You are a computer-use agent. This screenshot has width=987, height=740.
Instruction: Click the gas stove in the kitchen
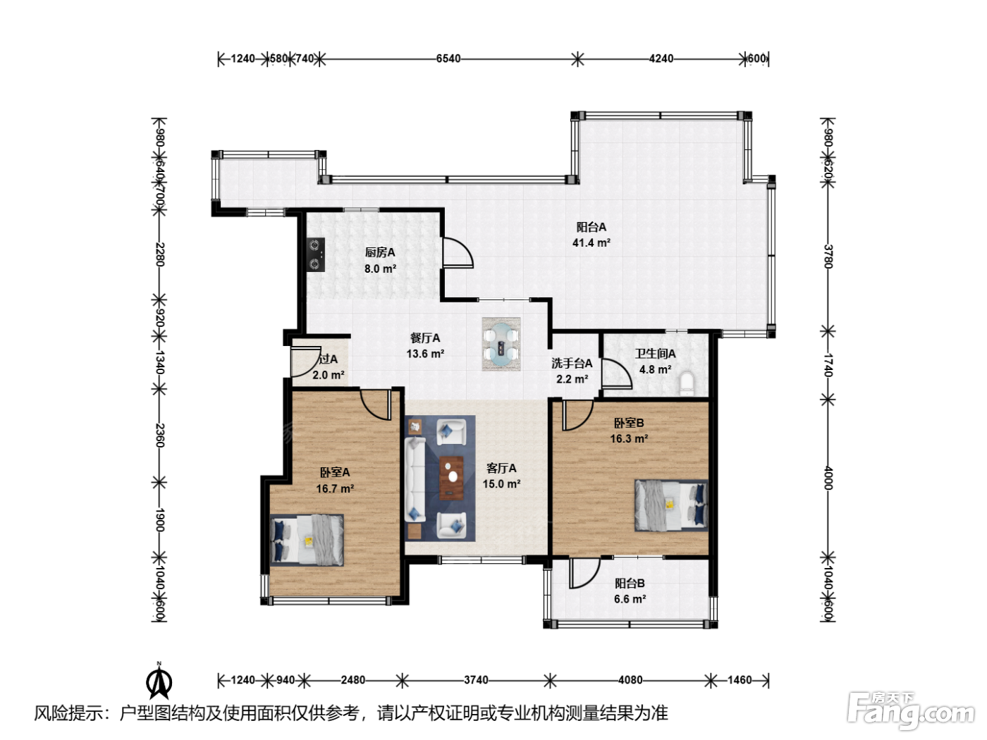(x=316, y=254)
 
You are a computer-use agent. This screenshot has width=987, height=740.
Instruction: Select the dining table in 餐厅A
(x=501, y=344)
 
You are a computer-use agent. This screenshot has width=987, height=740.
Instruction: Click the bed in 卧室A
(x=307, y=540)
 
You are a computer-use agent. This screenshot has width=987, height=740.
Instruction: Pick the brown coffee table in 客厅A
(x=451, y=478)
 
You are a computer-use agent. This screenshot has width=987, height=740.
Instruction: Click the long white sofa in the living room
(x=415, y=479)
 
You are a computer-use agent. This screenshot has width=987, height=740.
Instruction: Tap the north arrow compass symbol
(x=159, y=682)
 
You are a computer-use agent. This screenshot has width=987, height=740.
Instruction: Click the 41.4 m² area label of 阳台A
(x=591, y=243)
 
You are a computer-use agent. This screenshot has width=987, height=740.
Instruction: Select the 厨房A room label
(x=380, y=252)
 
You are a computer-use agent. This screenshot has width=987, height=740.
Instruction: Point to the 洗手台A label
(x=572, y=363)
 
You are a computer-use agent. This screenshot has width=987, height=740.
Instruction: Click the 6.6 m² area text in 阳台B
(x=630, y=599)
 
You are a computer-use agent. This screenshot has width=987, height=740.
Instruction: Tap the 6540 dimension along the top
(x=448, y=59)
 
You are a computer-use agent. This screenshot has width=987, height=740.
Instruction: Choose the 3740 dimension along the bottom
(x=476, y=680)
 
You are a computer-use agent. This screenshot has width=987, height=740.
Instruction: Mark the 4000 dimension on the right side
(x=828, y=478)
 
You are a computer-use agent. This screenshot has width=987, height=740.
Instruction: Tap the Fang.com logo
(x=911, y=711)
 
